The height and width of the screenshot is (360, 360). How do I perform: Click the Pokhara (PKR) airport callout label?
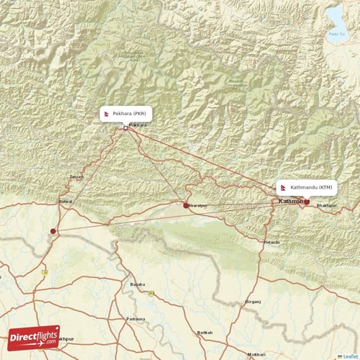(x=126, y=113)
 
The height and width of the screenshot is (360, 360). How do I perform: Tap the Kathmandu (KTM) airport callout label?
(x=307, y=186)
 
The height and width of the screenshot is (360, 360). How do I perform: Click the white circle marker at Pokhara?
(x=126, y=129)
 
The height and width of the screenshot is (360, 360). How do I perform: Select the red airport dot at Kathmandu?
(x=307, y=202)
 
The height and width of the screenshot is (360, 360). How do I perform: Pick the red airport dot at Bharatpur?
(x=186, y=205)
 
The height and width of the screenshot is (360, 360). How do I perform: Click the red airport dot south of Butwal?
(x=53, y=231)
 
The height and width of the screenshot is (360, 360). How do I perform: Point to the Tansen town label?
(x=76, y=176)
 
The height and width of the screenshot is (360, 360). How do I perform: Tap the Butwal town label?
(x=66, y=202)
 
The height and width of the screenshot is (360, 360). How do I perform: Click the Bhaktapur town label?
(x=326, y=206)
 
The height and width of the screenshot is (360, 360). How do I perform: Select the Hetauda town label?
(x=271, y=243)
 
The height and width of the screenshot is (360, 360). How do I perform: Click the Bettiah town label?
(x=204, y=333)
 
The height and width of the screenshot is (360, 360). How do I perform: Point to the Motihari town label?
(x=256, y=355)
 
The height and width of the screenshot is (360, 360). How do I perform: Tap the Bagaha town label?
(x=138, y=285)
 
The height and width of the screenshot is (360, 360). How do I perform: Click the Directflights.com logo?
(x=34, y=337)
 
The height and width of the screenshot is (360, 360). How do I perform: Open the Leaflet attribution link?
(x=351, y=356)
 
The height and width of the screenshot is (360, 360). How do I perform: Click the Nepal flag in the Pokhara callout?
(x=107, y=113)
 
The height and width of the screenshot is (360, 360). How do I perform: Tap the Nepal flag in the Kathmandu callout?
(x=284, y=186)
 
